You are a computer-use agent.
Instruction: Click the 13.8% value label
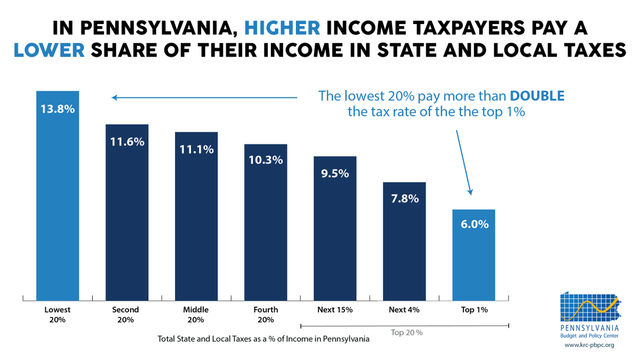click(57, 109)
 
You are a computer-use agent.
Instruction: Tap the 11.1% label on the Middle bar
click(196, 150)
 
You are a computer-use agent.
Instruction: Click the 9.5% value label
click(335, 173)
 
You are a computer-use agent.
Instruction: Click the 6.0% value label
click(474, 225)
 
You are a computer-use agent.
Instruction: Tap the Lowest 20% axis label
click(57, 314)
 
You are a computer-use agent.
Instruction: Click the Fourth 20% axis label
click(266, 314)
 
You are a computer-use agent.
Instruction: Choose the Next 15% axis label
click(335, 309)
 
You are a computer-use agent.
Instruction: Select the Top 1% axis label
click(474, 309)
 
